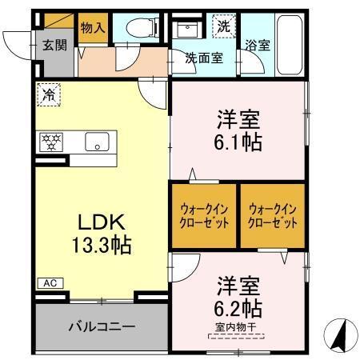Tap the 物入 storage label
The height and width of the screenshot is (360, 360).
pyautogui.click(x=93, y=26)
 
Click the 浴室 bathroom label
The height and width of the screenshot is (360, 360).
pyautogui.click(x=258, y=46)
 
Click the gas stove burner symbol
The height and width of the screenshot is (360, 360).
pyautogui.click(x=51, y=142)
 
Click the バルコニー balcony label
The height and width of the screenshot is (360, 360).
pyautogui.click(x=101, y=326)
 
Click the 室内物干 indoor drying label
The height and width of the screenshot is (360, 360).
pyautogui.click(x=239, y=326)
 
